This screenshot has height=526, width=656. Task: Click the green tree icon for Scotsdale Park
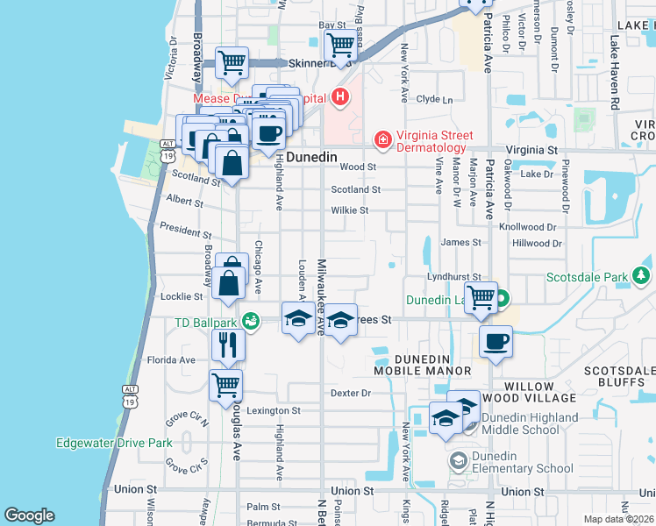[642, 277]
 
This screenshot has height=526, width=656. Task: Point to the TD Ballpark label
[206, 322]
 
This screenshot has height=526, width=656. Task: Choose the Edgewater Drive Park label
[113, 443]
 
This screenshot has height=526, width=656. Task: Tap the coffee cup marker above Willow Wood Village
[496, 341]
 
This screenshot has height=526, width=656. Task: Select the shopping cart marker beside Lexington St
[226, 385]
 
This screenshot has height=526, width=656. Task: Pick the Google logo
[29, 515]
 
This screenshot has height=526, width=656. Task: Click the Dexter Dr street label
[352, 393]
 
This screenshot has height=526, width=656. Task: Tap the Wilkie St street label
[349, 210]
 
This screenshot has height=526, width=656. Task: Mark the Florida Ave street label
[170, 359]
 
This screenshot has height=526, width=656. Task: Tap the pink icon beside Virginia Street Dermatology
[381, 139]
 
